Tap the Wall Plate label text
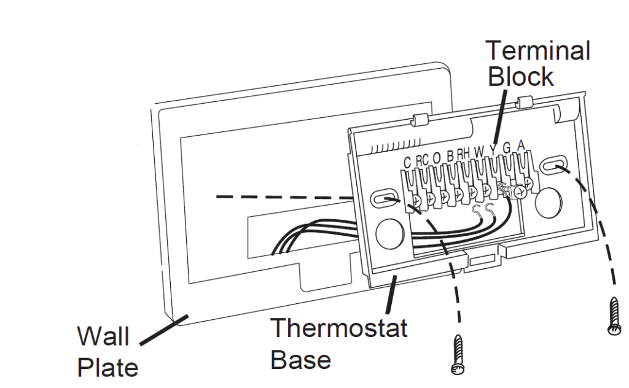pos(106,353)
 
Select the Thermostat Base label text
pos(338,343)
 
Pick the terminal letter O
pos(437,158)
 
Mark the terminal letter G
pos(507,149)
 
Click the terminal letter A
pos(522,147)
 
